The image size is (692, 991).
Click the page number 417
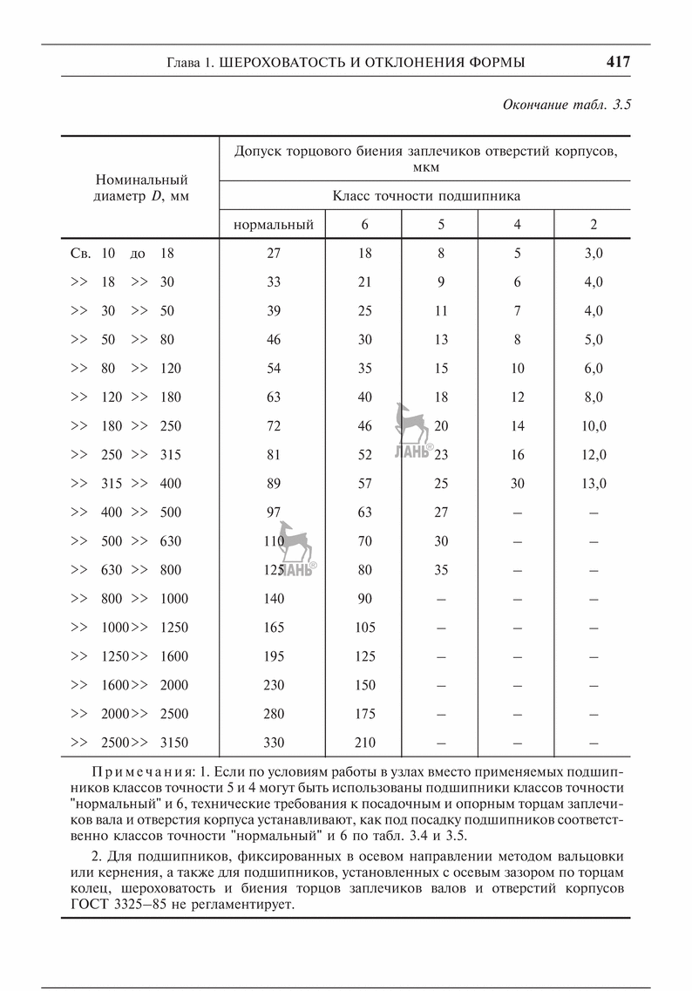coord(618,63)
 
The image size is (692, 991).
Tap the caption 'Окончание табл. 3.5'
coord(566,105)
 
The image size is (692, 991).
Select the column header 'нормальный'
coord(274,225)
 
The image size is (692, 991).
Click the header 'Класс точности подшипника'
coord(427,195)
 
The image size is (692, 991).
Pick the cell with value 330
coord(274,743)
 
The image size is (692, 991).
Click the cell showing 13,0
coord(595,484)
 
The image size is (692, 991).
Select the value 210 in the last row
coord(365,743)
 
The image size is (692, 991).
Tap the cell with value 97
coord(274,512)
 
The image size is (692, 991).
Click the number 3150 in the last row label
coord(174,743)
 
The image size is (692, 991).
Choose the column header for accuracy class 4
coord(518,225)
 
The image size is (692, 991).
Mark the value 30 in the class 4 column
coord(518,484)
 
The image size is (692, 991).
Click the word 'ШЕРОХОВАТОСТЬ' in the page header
coord(275,63)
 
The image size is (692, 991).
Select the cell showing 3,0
coord(595,254)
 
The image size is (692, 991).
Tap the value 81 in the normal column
coord(274,455)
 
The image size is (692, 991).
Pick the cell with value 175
coord(365,714)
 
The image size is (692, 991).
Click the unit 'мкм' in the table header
coord(427,166)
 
